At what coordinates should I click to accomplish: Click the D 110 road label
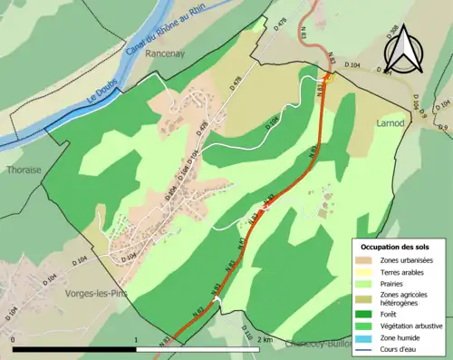(x=247, y=336)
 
